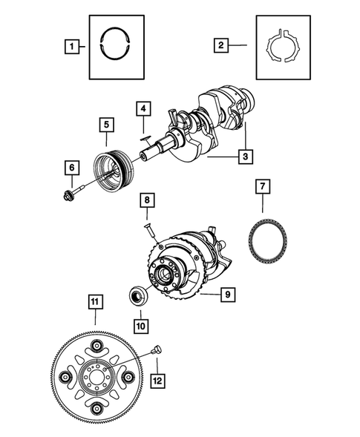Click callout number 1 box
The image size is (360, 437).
pyautogui.click(x=72, y=47)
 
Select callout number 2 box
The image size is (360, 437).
pyautogui.click(x=220, y=46)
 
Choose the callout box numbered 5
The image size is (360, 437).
pyautogui.click(x=108, y=124)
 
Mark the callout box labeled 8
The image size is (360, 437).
pyautogui.click(x=148, y=200)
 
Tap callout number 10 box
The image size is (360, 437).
pyautogui.click(x=141, y=324)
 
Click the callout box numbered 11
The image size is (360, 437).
pyautogui.click(x=94, y=302)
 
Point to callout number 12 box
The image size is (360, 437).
pyautogui.click(x=158, y=381)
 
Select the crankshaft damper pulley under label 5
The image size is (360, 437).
pyautogui.click(x=112, y=162)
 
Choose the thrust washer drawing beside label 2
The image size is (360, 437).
pyautogui.click(x=284, y=48)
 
